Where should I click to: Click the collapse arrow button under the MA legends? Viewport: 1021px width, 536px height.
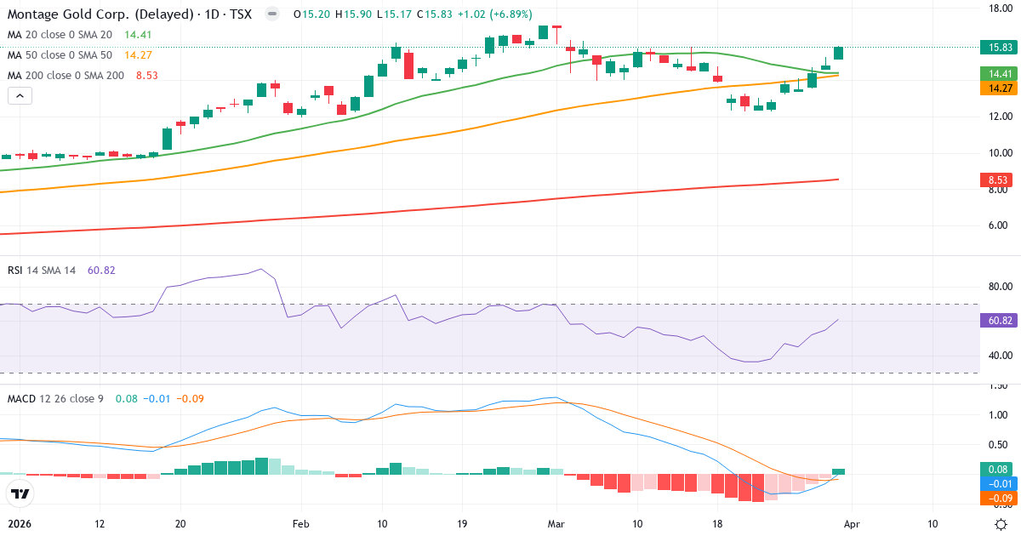pyautogui.click(x=20, y=96)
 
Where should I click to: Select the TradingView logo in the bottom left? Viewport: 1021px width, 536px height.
pyautogui.click(x=20, y=493)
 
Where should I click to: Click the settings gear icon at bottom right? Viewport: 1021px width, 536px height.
pyautogui.click(x=1001, y=524)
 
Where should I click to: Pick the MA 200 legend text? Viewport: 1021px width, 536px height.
pyautogui.click(x=66, y=75)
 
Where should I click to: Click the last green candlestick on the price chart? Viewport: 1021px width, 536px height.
pyautogui.click(x=838, y=53)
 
